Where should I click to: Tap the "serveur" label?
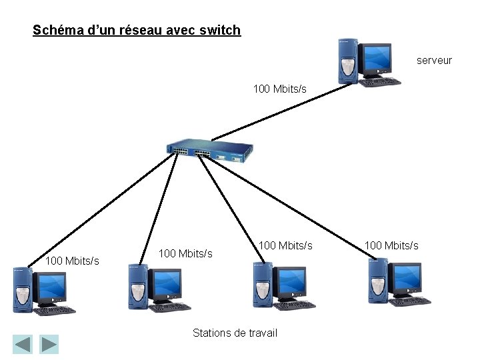(434, 60)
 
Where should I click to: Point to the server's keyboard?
(380, 82)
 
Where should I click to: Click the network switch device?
(211, 151)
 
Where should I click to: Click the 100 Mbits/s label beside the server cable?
(280, 89)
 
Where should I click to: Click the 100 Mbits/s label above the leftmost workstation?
(72, 261)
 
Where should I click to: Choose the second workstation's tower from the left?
(137, 287)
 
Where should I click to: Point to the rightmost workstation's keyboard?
(410, 301)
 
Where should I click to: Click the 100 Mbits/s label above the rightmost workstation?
(391, 245)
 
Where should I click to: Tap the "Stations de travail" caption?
(235, 333)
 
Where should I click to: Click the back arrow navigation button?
(23, 344)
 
